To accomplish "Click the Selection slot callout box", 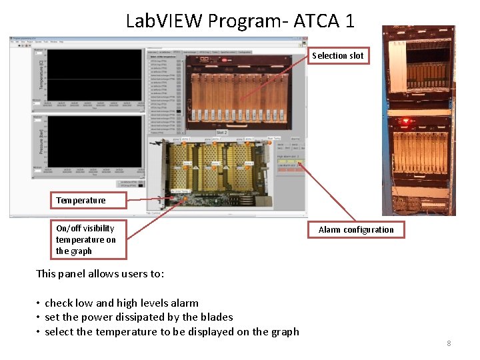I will coord(338,55).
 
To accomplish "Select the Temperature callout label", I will coord(81,200).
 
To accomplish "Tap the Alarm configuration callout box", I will coord(356,229).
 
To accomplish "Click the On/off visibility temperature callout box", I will coord(88,239).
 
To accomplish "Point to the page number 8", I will coord(449,343).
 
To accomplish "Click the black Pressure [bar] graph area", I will coord(93,141).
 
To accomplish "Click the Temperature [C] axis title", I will coord(41,73).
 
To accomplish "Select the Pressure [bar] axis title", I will coord(41,141).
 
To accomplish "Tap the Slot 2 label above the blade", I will coord(221,133).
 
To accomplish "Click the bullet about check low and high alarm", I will coord(121,303).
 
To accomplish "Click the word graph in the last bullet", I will coord(283,331).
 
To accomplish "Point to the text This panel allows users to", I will coord(100,273).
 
